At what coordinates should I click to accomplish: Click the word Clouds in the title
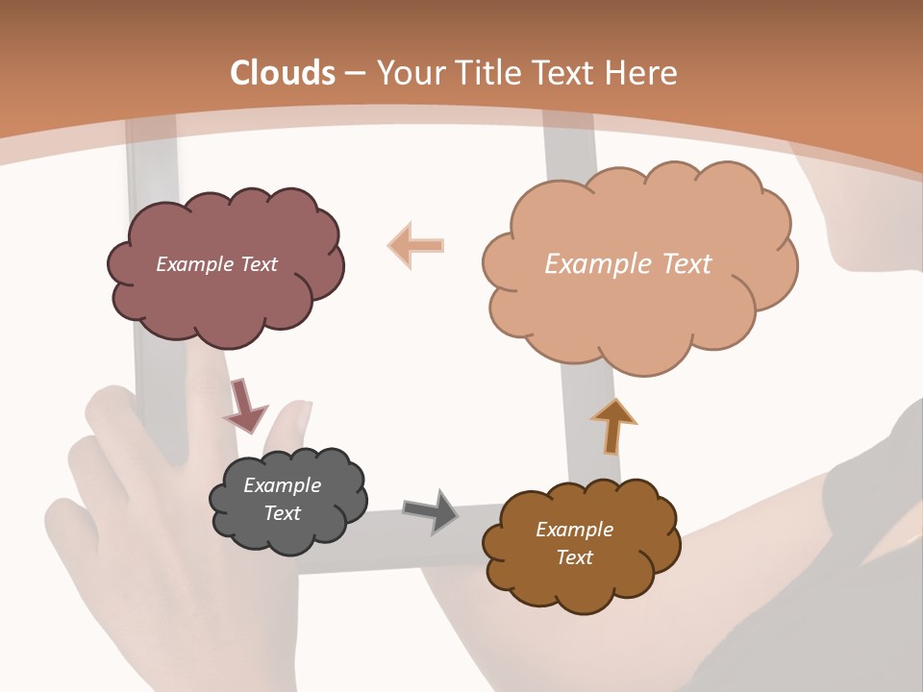tap(283, 73)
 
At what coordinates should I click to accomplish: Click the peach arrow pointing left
tap(416, 245)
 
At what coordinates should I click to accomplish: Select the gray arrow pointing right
tap(430, 511)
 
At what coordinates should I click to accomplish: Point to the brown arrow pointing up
tap(613, 426)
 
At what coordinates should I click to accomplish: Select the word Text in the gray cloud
tap(283, 513)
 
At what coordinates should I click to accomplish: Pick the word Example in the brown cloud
tap(574, 530)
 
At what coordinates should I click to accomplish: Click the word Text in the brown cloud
tap(574, 557)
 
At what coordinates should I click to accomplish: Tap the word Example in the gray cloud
tap(283, 485)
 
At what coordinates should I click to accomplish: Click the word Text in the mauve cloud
tap(259, 264)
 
